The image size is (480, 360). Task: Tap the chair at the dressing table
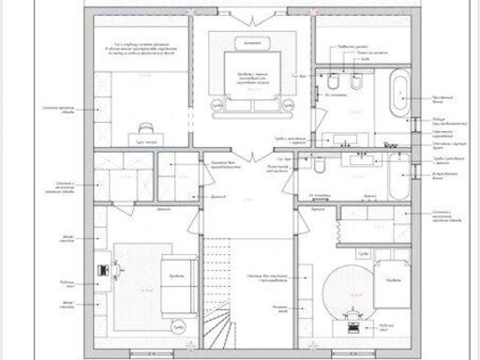coord(146,127)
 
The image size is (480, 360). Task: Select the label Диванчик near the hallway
coord(217,198)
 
